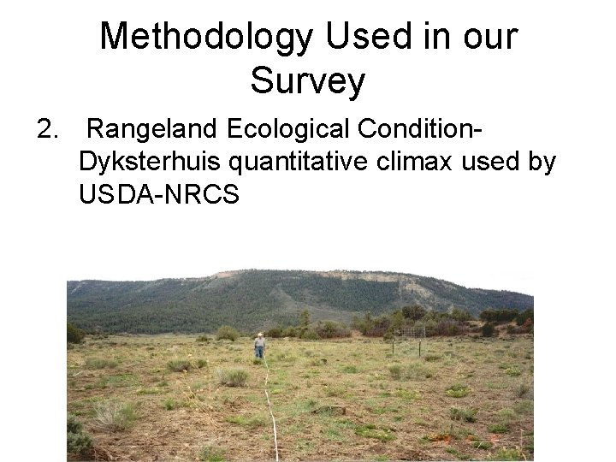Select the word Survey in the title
tap(308, 82)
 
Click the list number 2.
tap(49, 130)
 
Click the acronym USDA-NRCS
tap(159, 193)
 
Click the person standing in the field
tap(259, 346)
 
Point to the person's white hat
tap(259, 335)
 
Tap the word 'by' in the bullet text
tap(542, 162)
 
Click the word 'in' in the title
tap(429, 37)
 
